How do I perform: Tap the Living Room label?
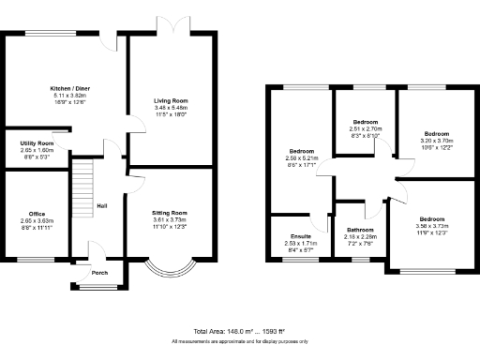pos(172,99)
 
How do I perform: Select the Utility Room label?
pos(36,142)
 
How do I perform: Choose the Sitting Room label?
pos(171,213)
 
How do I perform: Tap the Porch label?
pos(98,275)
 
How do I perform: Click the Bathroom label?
pos(360,230)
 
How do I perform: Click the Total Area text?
pos(240,332)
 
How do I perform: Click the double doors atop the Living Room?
pos(172,28)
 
